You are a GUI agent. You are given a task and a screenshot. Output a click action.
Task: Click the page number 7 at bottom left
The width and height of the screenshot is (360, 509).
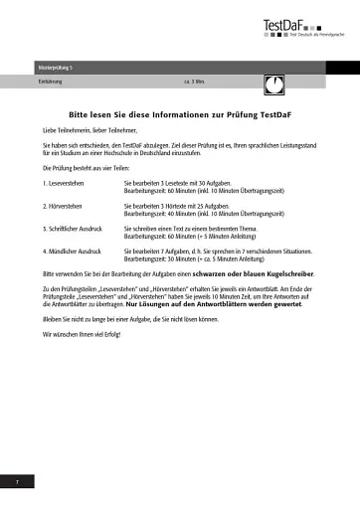pyautogui.click(x=17, y=481)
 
